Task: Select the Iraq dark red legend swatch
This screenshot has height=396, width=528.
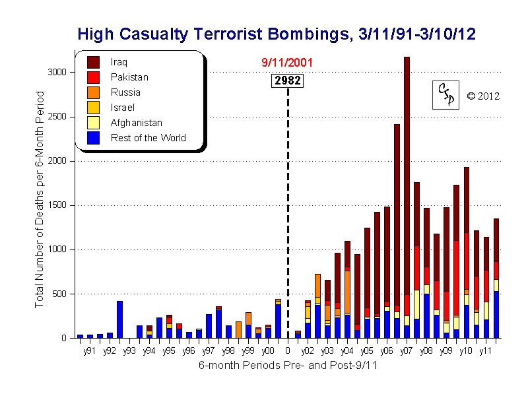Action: click(x=94, y=62)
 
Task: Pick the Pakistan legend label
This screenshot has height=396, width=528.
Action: click(x=129, y=77)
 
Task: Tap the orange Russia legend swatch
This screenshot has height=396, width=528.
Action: click(x=94, y=92)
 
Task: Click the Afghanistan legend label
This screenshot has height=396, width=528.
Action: click(x=137, y=123)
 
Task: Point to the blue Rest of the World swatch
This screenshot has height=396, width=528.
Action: click(x=94, y=138)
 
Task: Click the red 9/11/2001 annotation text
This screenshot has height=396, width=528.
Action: click(x=287, y=63)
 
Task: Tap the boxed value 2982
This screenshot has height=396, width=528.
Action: click(x=288, y=81)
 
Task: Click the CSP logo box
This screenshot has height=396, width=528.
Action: click(x=445, y=96)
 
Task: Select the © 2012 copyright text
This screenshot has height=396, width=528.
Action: click(x=483, y=96)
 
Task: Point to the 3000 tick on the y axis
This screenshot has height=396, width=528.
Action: click(x=58, y=72)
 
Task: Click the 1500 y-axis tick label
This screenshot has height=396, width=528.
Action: click(x=58, y=205)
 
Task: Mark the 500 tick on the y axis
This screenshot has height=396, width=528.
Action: click(x=61, y=294)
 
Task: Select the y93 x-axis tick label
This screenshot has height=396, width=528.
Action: click(x=129, y=350)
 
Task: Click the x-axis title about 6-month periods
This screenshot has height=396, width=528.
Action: click(x=287, y=366)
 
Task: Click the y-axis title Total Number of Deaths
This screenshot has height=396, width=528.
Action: click(x=39, y=198)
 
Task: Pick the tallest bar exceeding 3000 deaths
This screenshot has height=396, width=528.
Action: click(x=407, y=198)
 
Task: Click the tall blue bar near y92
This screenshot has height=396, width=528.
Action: click(x=119, y=319)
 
